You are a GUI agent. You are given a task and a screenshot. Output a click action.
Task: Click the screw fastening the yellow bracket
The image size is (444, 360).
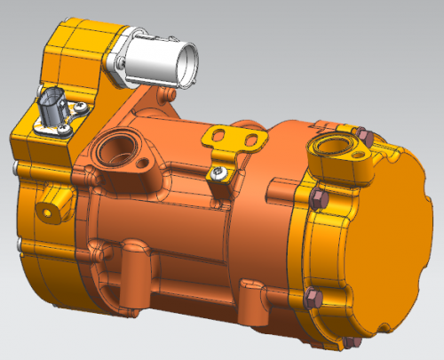coord(217,170)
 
